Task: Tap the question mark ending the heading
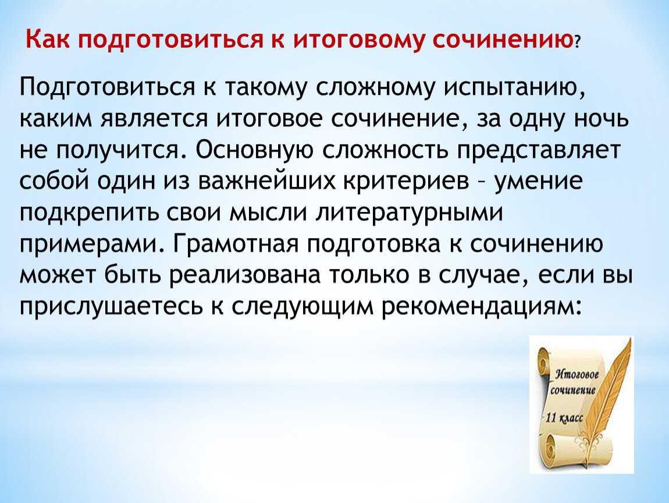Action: click(577, 42)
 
